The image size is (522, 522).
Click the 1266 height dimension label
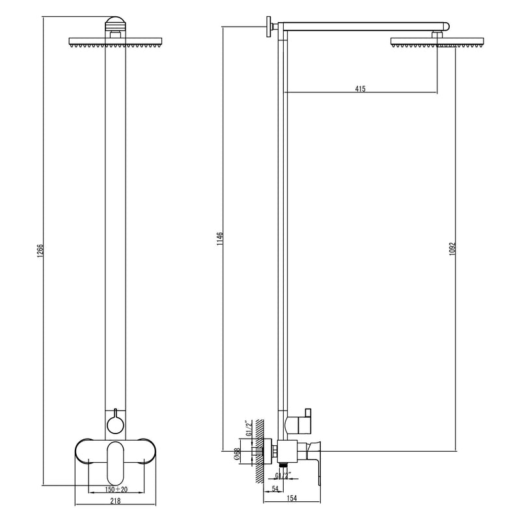[x=40, y=251]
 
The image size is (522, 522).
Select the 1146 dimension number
[x=220, y=239]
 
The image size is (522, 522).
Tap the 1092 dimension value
[x=452, y=249]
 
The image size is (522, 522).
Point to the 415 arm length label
[x=360, y=89]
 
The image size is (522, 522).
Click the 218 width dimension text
[x=115, y=501]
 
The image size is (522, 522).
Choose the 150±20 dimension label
[x=117, y=489]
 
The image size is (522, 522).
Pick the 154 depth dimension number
[x=292, y=498]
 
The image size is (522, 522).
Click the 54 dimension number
[x=275, y=488]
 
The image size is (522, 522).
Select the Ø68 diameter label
[x=237, y=454]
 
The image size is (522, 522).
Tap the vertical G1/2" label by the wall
[x=247, y=429]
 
